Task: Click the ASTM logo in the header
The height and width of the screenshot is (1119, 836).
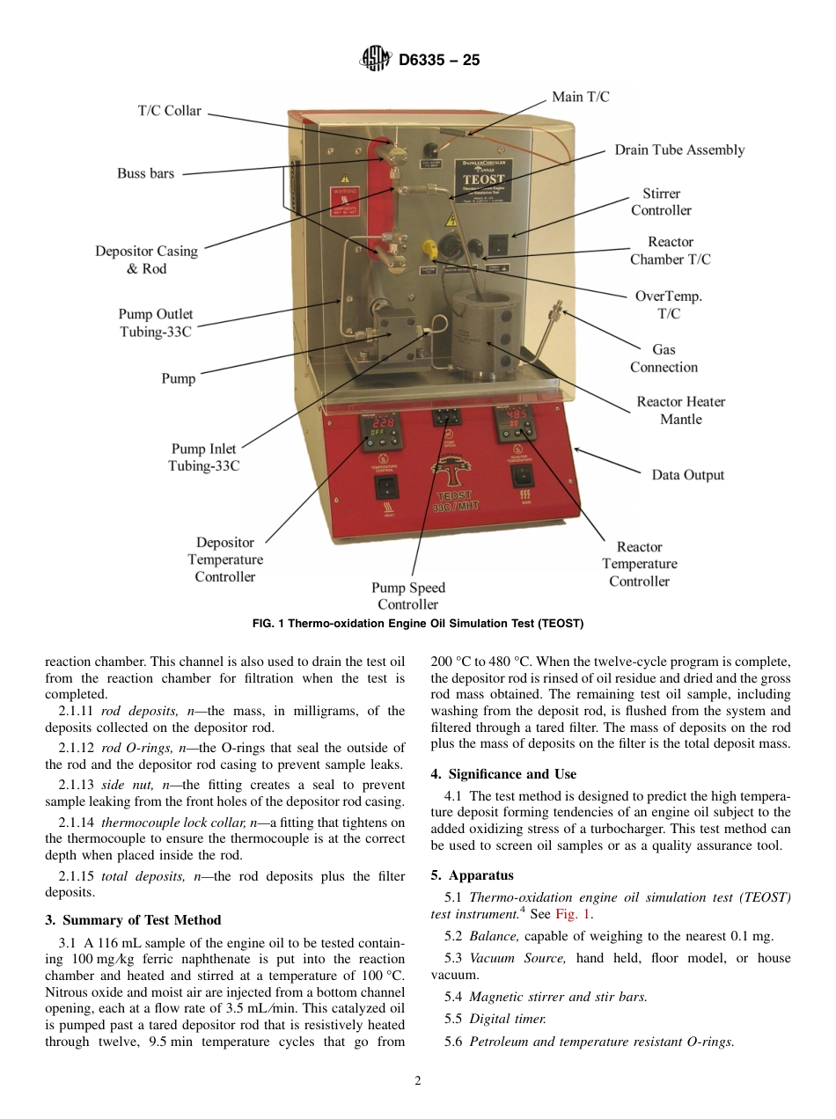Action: click(x=376, y=60)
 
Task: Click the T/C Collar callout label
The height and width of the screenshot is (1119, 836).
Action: click(x=169, y=111)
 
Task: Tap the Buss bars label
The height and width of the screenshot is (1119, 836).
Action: click(x=145, y=173)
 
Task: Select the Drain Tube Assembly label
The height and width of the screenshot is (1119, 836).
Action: click(x=679, y=150)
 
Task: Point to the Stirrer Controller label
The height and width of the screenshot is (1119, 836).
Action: click(x=661, y=201)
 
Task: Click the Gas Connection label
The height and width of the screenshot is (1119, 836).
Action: click(x=664, y=359)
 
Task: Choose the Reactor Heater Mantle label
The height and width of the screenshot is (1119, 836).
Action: click(x=681, y=411)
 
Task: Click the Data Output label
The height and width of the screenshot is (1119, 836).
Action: click(x=687, y=475)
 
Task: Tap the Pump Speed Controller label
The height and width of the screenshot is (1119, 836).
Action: click(x=408, y=596)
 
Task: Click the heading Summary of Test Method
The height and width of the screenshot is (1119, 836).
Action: click(x=133, y=920)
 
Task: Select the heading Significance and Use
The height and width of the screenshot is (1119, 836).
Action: click(x=503, y=774)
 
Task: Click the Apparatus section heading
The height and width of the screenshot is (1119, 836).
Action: click(x=472, y=875)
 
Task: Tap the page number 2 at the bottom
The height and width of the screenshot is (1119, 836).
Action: click(x=418, y=1081)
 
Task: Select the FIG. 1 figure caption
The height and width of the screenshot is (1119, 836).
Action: click(x=418, y=623)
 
